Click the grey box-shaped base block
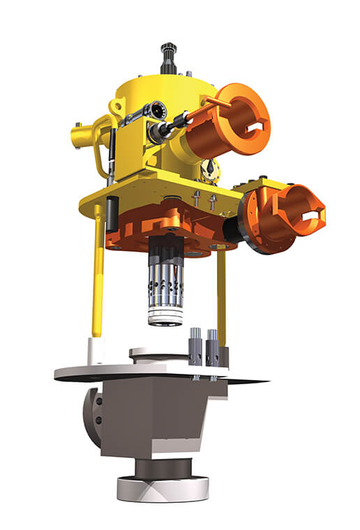pos(160,418)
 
